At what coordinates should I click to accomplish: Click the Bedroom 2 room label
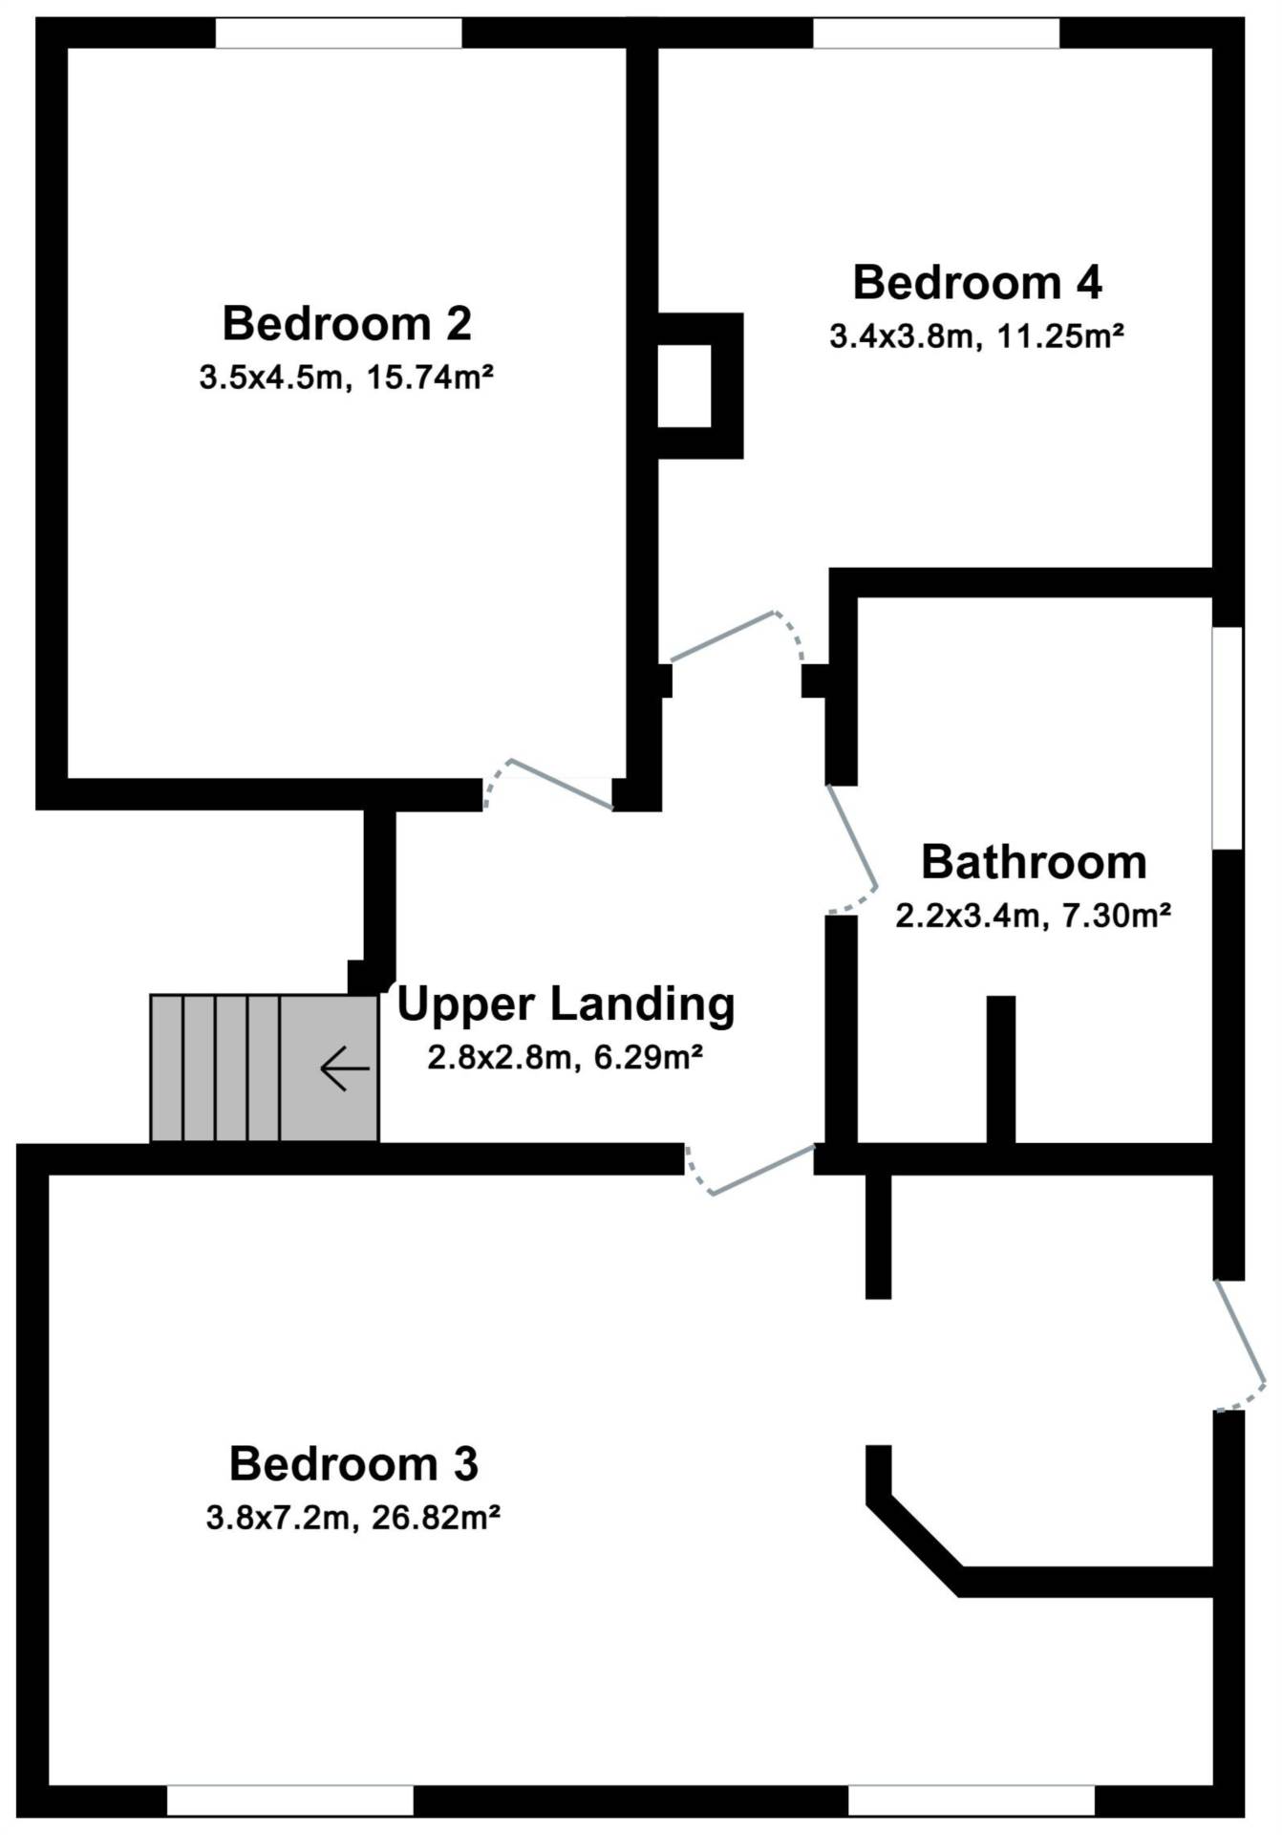347,323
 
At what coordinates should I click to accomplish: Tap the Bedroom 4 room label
977,283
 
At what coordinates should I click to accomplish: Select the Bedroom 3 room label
353,1464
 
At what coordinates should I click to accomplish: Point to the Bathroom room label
1034,862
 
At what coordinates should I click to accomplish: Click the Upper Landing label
566,1005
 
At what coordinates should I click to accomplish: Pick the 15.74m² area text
430,378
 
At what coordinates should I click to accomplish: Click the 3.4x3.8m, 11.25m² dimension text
976,336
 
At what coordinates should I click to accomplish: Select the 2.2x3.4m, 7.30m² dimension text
1034,916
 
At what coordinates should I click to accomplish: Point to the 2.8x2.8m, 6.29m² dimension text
566,1058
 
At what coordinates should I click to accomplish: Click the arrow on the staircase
344,1069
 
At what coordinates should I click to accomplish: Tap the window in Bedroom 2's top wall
338,32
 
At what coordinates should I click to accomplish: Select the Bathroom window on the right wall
1228,738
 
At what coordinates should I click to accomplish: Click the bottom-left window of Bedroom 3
290,1801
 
